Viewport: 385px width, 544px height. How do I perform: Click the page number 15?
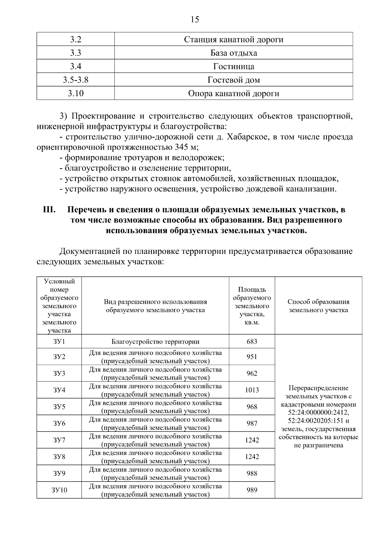195,20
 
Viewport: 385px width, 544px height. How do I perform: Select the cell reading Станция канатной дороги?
234,39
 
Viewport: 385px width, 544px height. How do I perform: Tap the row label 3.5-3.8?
75,80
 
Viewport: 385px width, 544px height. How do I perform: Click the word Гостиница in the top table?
234,66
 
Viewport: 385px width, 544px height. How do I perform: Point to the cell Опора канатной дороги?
234,93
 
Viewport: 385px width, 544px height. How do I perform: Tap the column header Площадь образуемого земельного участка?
252,306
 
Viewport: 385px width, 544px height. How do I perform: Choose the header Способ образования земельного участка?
318,306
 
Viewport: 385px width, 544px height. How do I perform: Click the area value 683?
252,341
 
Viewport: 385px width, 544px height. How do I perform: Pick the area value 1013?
252,390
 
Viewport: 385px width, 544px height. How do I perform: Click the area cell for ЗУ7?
252,440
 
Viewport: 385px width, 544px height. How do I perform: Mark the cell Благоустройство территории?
155,341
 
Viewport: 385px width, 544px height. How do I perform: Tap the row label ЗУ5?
59,407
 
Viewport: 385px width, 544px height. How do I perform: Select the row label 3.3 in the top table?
75,53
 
